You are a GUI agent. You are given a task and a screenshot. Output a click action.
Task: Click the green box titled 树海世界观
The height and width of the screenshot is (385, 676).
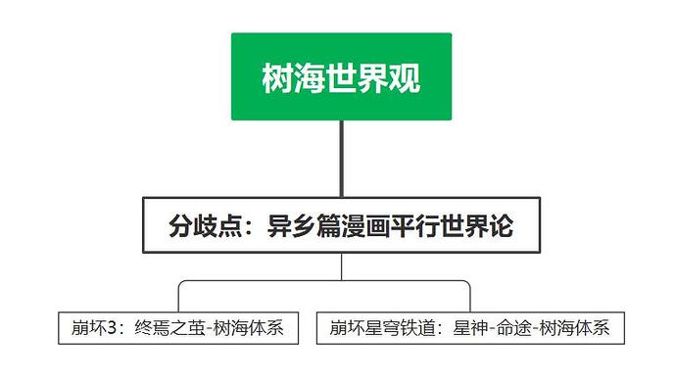click(x=341, y=76)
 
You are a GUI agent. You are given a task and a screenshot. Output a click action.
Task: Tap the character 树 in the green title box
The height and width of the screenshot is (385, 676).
click(x=278, y=77)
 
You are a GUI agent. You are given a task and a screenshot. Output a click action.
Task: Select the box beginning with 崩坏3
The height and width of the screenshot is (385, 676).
click(x=177, y=328)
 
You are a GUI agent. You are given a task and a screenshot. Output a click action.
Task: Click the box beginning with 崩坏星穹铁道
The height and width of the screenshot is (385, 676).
click(x=470, y=328)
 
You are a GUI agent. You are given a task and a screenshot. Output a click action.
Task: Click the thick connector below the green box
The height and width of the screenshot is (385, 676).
click(x=341, y=158)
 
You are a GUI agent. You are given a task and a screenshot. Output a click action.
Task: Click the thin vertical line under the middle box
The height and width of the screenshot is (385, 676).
click(x=341, y=267)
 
